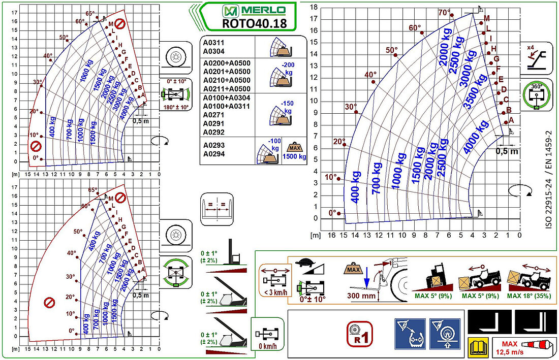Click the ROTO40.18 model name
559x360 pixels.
pos(254,23)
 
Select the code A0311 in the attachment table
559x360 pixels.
pos(213,44)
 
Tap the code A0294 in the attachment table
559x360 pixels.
pos(213,153)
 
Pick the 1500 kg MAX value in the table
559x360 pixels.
pos(294,156)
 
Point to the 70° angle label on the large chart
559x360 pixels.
pos(444,13)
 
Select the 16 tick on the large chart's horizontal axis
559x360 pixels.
pos(332,236)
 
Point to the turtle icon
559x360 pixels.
pos(304,263)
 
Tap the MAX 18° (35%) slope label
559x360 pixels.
pos(529,296)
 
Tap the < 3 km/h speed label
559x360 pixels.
pos(275,292)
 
